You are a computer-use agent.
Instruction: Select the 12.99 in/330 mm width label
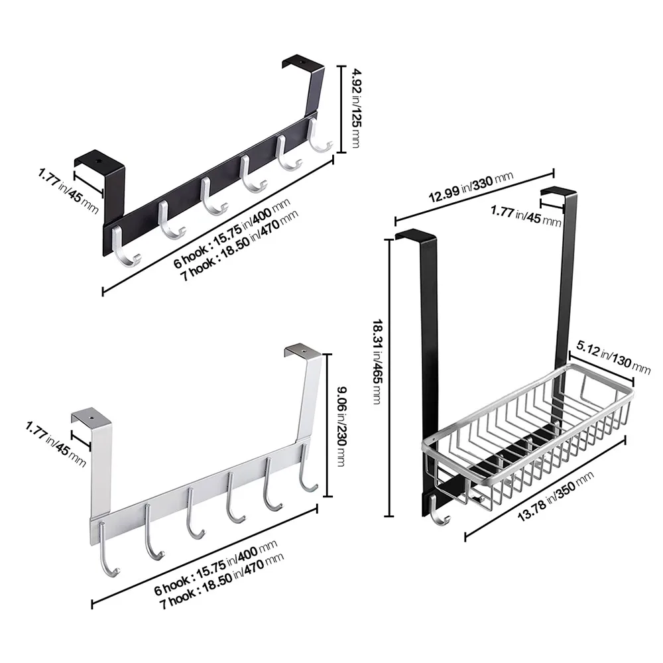pyautogui.click(x=471, y=188)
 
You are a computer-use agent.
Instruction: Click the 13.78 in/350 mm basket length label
pyautogui.click(x=556, y=497)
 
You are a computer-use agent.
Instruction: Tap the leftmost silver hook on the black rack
pyautogui.click(x=125, y=247)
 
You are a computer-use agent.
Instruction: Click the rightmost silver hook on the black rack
pyautogui.click(x=318, y=136)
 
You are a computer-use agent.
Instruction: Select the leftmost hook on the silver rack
pyautogui.click(x=107, y=549)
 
